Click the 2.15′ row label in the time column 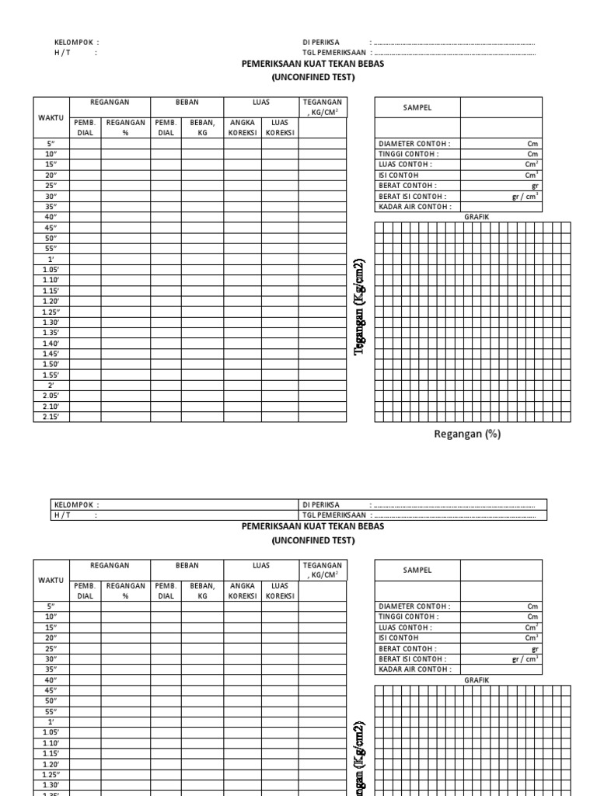pyautogui.click(x=51, y=417)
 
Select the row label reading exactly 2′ pyautogui.click(x=51, y=386)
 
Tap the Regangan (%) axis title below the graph pyautogui.click(x=466, y=435)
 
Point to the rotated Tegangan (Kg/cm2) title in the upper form pyautogui.click(x=359, y=307)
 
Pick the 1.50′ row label pyautogui.click(x=51, y=365)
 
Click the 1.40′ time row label pyautogui.click(x=51, y=344)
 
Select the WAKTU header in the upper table pyautogui.click(x=51, y=117)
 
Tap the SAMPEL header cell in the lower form pyautogui.click(x=417, y=570)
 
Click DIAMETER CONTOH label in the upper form pyautogui.click(x=414, y=144)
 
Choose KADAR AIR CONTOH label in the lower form pyautogui.click(x=414, y=669)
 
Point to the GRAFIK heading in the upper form pyautogui.click(x=477, y=217)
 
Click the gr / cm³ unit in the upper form pyautogui.click(x=525, y=197)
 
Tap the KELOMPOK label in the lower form pyautogui.click(x=76, y=504)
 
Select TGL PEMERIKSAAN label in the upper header pyautogui.click(x=333, y=53)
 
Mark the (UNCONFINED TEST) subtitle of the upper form pyautogui.click(x=312, y=78)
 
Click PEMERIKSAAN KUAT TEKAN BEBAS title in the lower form pyautogui.click(x=312, y=526)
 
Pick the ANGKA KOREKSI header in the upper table pyautogui.click(x=243, y=127)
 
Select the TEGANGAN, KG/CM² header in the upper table pyautogui.click(x=322, y=107)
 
